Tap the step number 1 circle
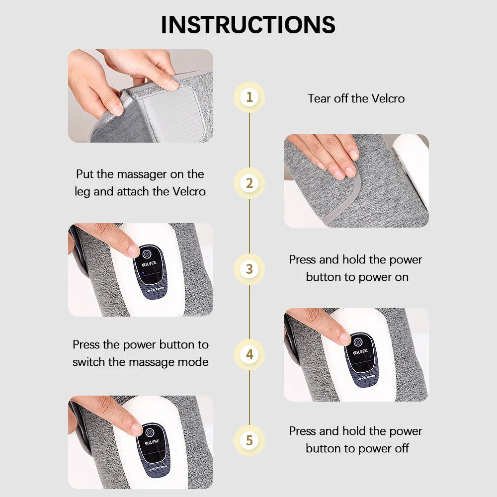(x=249, y=97)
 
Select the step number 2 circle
(x=249, y=183)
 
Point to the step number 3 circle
(x=249, y=269)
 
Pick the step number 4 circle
(x=249, y=355)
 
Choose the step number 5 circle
(x=249, y=440)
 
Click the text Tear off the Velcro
(x=356, y=98)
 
